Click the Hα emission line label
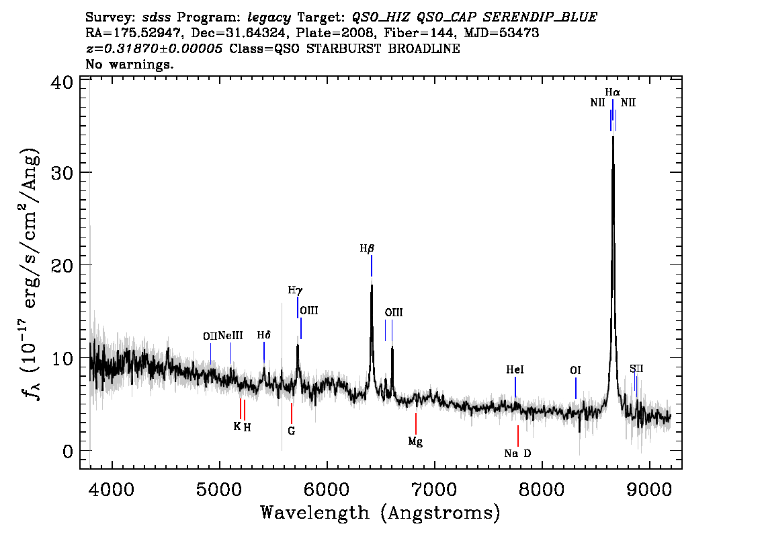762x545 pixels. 612,92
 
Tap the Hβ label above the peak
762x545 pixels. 367,249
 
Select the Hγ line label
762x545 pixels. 295,291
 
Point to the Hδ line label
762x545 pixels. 264,335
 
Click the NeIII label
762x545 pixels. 230,335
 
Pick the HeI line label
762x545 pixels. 515,370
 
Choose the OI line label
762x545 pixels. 575,371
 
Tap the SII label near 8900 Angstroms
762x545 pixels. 636,368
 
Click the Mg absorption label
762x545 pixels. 415,442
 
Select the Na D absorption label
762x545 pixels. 517,453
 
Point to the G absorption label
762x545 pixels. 292,431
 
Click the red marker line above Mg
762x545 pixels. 416,424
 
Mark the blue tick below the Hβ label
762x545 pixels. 372,266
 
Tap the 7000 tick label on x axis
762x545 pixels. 434,489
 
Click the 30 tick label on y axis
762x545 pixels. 62,173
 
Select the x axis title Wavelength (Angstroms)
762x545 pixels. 380,513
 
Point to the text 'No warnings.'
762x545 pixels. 129,64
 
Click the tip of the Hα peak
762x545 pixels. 613,136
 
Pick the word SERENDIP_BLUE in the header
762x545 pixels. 540,17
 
